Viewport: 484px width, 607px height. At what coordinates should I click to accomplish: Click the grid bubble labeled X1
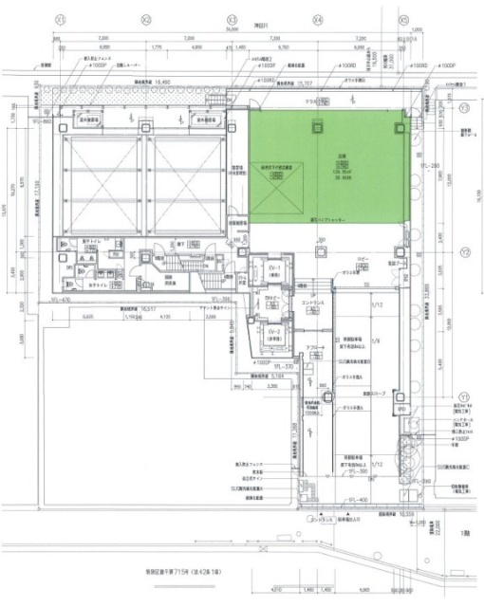(59, 17)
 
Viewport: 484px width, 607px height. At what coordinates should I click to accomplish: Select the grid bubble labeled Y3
(464, 108)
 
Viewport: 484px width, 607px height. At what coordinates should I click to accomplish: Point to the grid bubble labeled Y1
(464, 395)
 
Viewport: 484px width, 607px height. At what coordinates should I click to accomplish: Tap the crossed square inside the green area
(275, 188)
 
